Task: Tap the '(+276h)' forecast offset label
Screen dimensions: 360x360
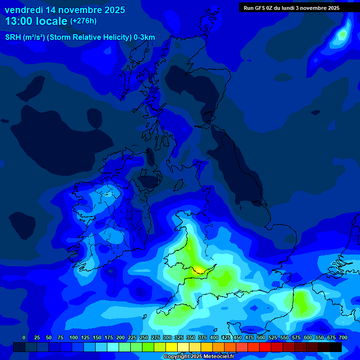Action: [x=83, y=21]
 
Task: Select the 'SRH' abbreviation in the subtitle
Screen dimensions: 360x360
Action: [x=13, y=37]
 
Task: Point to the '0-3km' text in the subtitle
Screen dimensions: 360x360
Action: [x=144, y=37]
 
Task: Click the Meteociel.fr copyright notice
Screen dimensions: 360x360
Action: [x=199, y=357]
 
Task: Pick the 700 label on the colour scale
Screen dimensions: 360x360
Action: [x=343, y=337]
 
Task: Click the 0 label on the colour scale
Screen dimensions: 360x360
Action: [x=24, y=337]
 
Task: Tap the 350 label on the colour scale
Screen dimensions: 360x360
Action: [x=190, y=337]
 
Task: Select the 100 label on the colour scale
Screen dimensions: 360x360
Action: [x=73, y=337]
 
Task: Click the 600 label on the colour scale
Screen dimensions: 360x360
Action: [x=307, y=337]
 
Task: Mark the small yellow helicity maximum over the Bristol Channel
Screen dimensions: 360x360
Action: [x=200, y=270]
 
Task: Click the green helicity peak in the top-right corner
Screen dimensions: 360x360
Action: [x=343, y=34]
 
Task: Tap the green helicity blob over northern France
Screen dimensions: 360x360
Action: [x=302, y=304]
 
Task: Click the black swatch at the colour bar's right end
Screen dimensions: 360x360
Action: [x=336, y=347]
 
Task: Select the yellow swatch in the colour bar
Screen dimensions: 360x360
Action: [x=172, y=347]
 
